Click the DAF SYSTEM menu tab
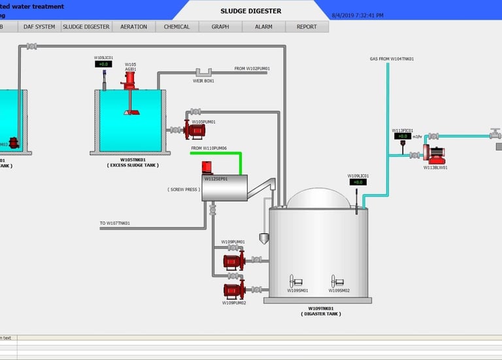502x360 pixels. coord(39,27)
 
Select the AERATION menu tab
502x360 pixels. coord(133,27)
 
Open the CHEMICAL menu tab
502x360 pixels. coord(176,27)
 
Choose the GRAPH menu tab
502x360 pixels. coord(220,27)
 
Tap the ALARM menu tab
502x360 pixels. coord(263,27)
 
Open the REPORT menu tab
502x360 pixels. coord(307,27)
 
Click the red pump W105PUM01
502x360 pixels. coord(195,130)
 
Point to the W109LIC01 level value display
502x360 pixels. coord(358,182)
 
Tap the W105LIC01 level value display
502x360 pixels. coord(103,64)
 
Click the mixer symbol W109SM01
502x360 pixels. coord(297,282)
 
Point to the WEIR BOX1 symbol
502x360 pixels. coord(203,72)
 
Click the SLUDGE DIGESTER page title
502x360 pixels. coord(251,11)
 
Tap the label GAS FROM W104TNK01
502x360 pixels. coord(392,59)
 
